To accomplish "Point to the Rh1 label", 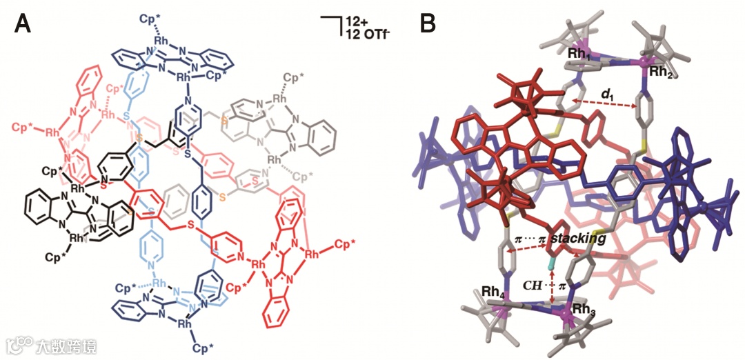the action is coord(579,52).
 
